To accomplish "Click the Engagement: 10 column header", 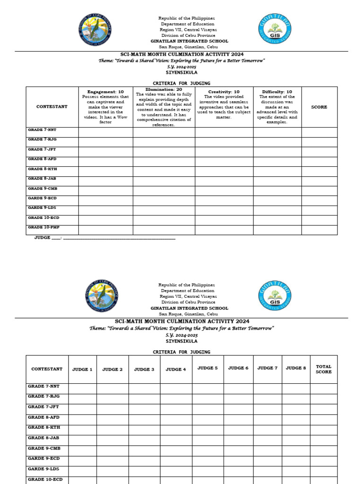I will click(x=105, y=92).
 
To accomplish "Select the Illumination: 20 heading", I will click(x=164, y=89).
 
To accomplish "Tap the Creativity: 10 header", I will click(x=224, y=92).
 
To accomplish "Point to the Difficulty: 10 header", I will click(x=277, y=92).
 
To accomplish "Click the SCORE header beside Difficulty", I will click(x=319, y=107).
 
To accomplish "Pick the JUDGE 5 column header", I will click(x=207, y=368).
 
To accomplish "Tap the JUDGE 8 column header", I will click(x=296, y=368).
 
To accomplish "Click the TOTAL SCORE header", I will click(x=324, y=369).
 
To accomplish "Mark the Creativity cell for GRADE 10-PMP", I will click(x=224, y=230).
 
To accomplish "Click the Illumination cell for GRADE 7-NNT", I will click(x=164, y=132).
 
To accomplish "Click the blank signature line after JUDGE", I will click(x=118, y=238).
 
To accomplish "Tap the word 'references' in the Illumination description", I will click(x=164, y=125).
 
